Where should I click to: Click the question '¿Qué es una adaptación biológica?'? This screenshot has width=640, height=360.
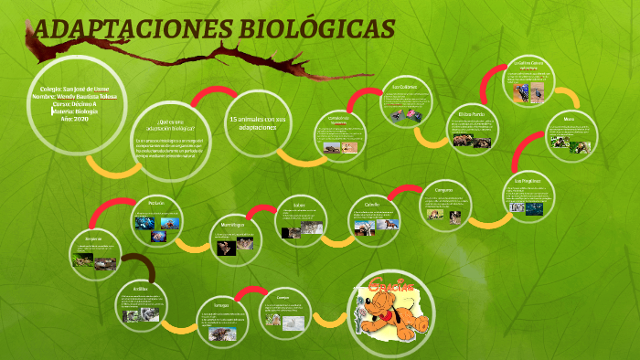pyautogui.click(x=170, y=125)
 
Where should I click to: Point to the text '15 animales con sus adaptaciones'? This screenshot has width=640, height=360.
pyautogui.click(x=257, y=123)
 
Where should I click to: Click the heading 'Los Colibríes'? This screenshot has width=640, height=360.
pyautogui.click(x=405, y=88)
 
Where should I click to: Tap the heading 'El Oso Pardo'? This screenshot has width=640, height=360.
pyautogui.click(x=471, y=114)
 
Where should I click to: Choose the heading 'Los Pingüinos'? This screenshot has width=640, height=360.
pyautogui.click(x=527, y=182)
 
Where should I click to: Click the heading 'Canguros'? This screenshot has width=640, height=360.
pyautogui.click(x=443, y=191)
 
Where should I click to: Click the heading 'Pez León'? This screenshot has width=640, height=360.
pyautogui.click(x=155, y=203)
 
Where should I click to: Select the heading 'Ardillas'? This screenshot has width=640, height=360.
pyautogui.click(x=139, y=289)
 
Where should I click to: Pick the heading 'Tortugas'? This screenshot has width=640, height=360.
pyautogui.click(x=221, y=303)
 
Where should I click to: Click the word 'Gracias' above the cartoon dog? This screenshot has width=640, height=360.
pyautogui.click(x=391, y=291)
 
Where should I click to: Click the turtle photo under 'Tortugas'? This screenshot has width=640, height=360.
pyautogui.click(x=219, y=334)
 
